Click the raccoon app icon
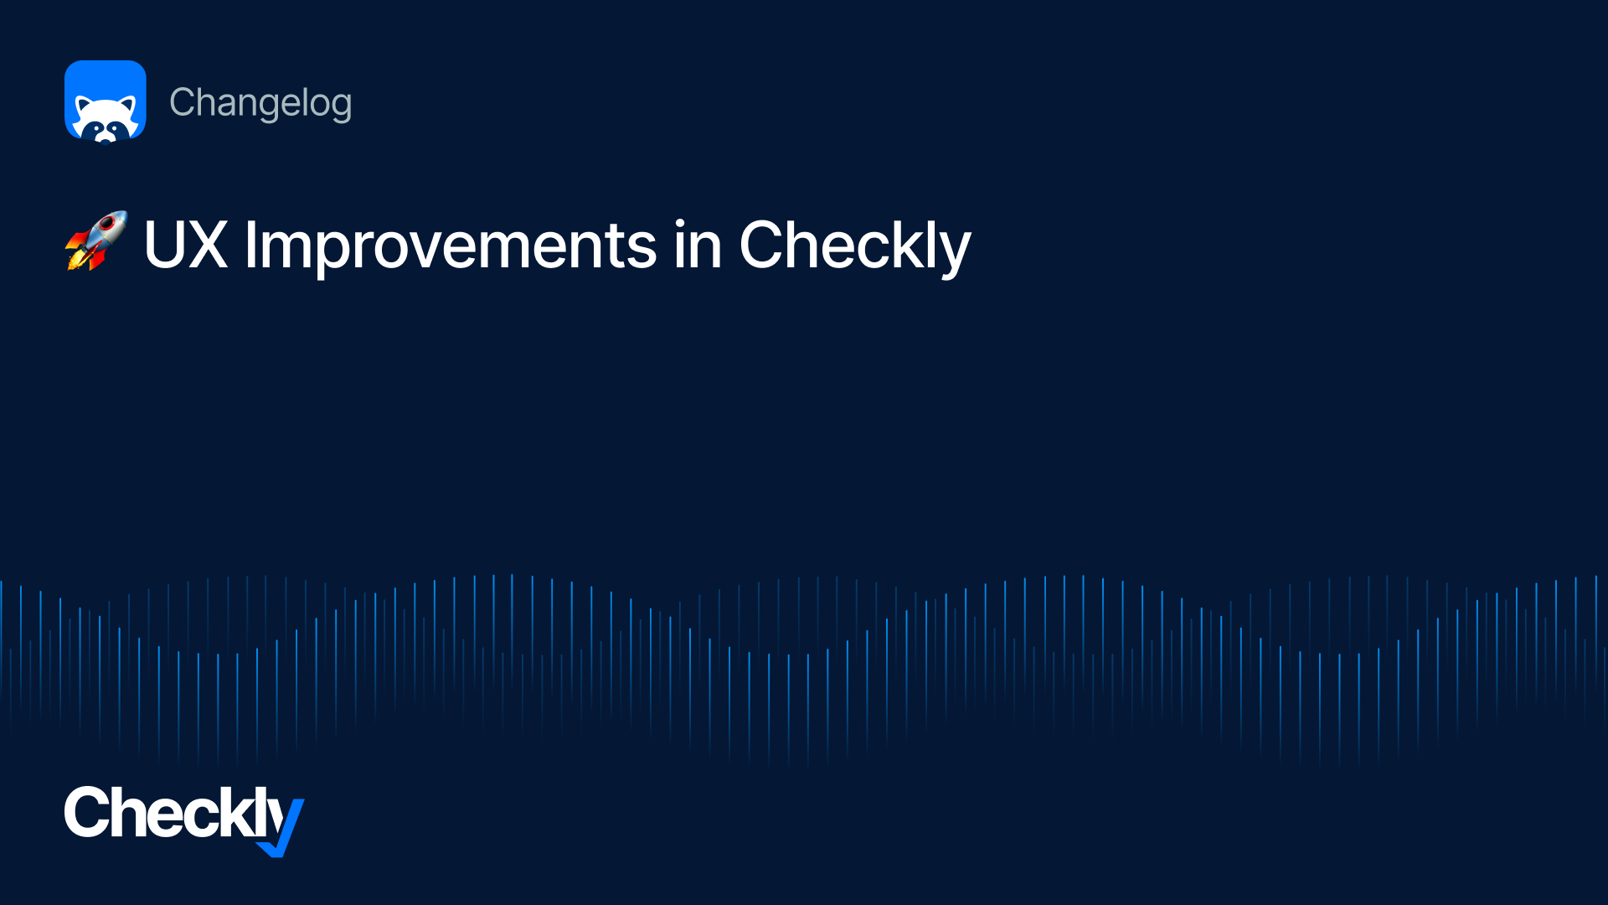(106, 101)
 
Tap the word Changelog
(260, 104)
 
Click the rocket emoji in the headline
(96, 240)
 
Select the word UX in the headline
(186, 245)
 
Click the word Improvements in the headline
(451, 246)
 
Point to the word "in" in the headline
(698, 245)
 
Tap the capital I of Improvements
(250, 245)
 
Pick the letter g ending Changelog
(341, 107)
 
